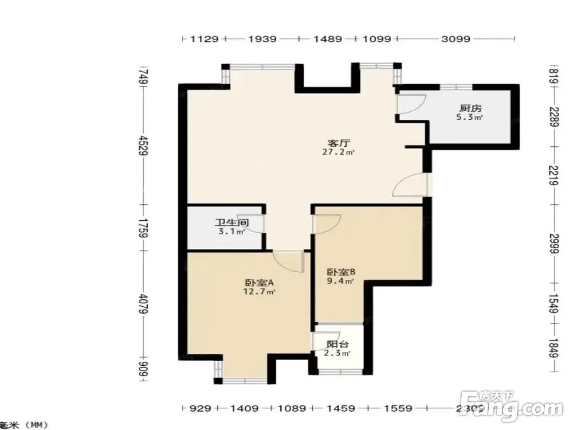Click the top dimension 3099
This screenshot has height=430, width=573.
pyautogui.click(x=456, y=39)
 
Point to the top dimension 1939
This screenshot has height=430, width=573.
pyautogui.click(x=262, y=39)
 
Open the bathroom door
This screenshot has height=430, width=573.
pyautogui.click(x=257, y=223)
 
